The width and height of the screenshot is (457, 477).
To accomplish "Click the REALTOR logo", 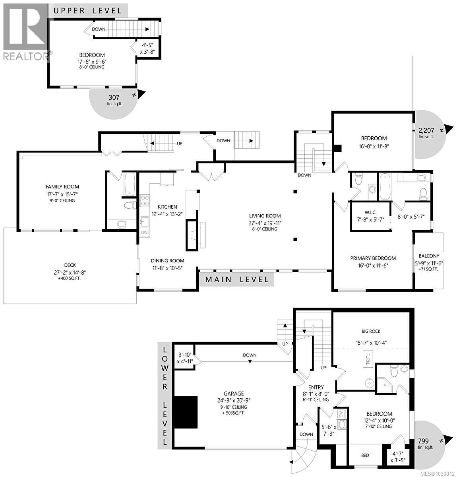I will coord(25,32).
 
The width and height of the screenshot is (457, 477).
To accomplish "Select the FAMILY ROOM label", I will coord(62,186).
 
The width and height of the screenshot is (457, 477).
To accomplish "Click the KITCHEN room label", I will coord(167,207).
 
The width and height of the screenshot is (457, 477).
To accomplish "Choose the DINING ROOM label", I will coord(167,261).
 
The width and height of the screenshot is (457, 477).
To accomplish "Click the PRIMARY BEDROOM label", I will coord(373,258).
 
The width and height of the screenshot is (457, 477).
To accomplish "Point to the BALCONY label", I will coord(429,256).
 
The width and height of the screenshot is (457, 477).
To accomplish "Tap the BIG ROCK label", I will coord(371,331).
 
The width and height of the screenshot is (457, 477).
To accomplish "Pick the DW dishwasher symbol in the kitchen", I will coord(144,232).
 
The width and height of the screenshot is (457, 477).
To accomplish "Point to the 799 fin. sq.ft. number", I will coord(425,440).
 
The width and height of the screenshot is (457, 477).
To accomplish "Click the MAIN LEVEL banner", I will coord(236,279).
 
